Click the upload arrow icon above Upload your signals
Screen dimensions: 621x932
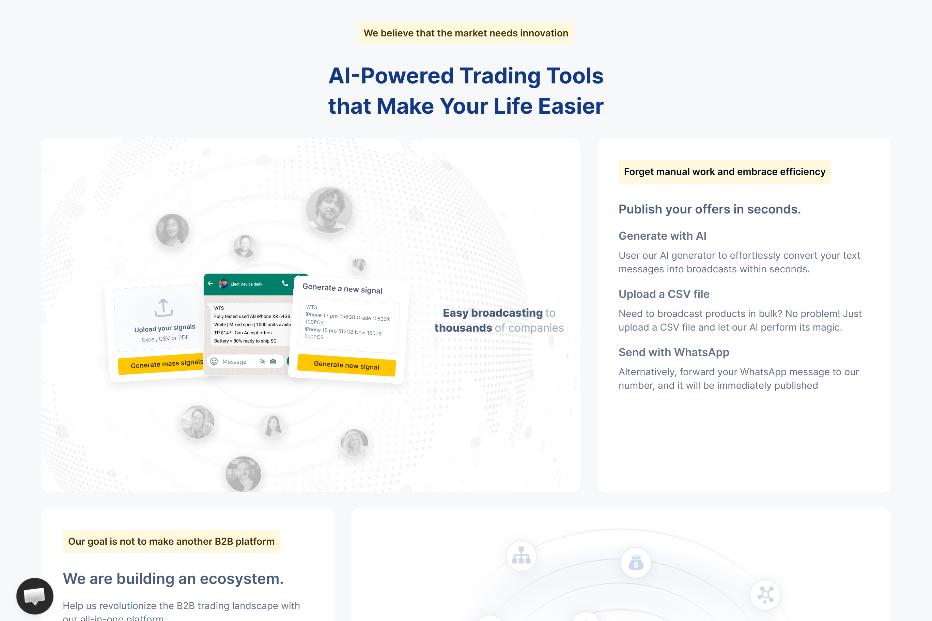pos(163,308)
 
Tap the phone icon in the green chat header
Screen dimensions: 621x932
pos(285,284)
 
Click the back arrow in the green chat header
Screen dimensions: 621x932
pos(211,284)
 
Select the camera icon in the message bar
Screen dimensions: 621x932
pos(273,362)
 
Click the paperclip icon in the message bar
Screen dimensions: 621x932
pos(262,362)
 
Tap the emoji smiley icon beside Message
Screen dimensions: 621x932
pos(214,361)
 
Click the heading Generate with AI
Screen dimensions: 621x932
pos(662,236)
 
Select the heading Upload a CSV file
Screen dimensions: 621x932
pos(664,294)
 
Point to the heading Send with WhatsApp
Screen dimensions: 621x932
pos(674,352)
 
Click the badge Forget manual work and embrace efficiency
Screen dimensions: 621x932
pos(724,172)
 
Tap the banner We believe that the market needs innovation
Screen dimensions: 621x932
pos(466,33)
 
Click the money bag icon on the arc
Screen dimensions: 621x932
pos(636,563)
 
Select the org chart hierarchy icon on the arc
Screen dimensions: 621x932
pos(521,556)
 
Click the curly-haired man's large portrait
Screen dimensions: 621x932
pos(329,210)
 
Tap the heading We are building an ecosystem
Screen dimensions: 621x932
pos(173,579)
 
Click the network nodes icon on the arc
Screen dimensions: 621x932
pos(765,594)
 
